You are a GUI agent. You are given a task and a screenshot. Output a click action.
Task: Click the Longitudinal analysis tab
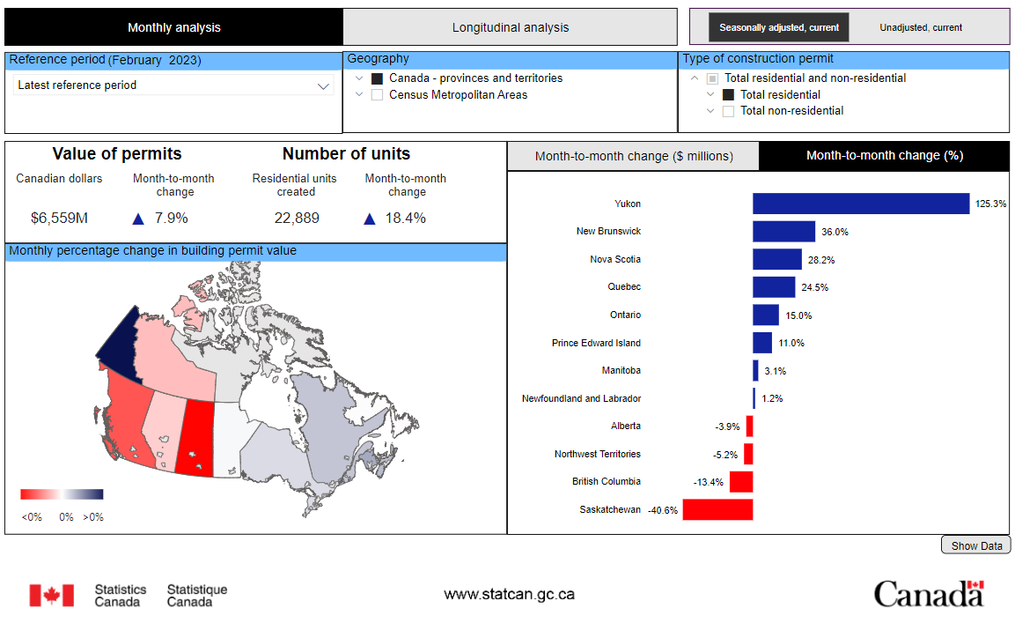pos(510,27)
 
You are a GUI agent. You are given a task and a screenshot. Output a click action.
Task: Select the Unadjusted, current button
pos(921,27)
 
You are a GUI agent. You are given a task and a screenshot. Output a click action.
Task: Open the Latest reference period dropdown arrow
pos(323,86)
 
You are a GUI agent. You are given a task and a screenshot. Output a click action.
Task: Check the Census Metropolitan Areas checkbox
pos(378,94)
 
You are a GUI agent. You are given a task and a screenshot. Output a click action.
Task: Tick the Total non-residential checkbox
pos(728,111)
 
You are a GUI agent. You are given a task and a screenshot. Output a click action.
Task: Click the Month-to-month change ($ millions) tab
pos(634,156)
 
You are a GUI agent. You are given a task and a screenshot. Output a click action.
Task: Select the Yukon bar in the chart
pos(861,204)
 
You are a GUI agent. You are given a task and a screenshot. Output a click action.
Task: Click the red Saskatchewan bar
pos(717,509)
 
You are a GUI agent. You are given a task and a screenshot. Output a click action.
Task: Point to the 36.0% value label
pos(835,232)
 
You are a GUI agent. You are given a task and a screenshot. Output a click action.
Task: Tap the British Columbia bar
pos(741,482)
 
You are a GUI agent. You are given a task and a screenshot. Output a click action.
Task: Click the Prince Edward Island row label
pos(596,343)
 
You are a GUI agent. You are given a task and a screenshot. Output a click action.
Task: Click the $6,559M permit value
pos(60,218)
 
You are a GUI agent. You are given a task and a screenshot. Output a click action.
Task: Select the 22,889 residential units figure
pos(297,218)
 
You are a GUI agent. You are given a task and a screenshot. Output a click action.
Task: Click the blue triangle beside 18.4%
pos(370,219)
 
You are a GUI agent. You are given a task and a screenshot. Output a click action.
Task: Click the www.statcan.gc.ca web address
pos(510,594)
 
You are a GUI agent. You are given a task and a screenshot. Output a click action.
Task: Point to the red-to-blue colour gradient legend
pos(62,494)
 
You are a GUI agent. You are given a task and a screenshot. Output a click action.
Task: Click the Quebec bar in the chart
pos(774,287)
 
